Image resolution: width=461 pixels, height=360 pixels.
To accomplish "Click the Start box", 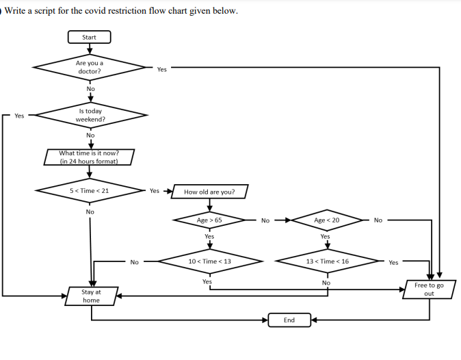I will [x=89, y=37].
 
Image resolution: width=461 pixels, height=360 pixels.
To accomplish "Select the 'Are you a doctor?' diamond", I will [x=90, y=67].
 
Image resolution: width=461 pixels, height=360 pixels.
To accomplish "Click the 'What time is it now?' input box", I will [x=89, y=157].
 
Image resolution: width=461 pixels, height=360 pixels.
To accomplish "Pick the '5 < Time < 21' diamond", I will [x=90, y=190].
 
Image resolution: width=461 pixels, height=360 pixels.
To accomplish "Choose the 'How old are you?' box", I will [x=209, y=192].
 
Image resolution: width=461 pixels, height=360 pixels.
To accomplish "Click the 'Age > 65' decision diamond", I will [x=209, y=220].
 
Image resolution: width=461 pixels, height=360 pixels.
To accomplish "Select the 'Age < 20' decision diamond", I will [x=326, y=220].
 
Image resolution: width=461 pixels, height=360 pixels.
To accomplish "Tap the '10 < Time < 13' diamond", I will [x=209, y=261].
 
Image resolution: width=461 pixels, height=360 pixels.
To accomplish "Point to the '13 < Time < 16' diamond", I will [x=327, y=261].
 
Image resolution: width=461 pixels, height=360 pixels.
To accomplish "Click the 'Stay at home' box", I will [x=91, y=296].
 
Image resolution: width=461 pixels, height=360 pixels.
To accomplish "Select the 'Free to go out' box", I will [x=429, y=289].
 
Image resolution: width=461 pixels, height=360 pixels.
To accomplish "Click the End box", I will [x=289, y=320].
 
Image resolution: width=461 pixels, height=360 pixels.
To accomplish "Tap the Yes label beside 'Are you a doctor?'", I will [x=161, y=69].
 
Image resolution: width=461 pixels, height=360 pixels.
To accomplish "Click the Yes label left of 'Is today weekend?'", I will [x=19, y=116].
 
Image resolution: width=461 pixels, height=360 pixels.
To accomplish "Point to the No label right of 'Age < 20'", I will [x=378, y=220].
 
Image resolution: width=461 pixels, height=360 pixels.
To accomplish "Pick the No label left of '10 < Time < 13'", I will [x=134, y=262].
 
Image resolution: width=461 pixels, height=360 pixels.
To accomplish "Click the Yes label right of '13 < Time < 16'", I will [x=393, y=262].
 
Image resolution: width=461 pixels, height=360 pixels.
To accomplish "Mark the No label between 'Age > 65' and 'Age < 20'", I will [x=265, y=220].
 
